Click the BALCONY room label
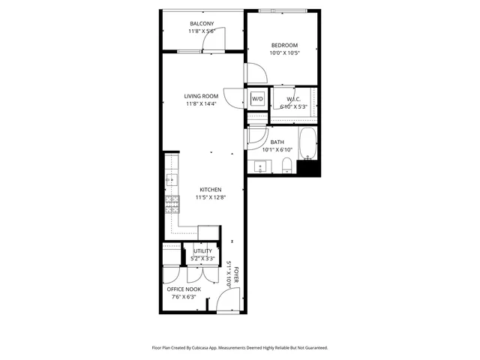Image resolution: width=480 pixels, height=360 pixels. coord(202,23)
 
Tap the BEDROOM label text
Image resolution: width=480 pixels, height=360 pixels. coord(283,44)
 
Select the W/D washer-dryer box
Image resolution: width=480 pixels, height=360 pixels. coord(257,99)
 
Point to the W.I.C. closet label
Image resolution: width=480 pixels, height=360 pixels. coord(294,99)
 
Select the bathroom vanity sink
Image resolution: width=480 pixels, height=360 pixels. coord(263,166)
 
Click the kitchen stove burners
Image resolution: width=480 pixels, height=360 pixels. coord(172,202)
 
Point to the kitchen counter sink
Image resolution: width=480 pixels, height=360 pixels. coord(171,180)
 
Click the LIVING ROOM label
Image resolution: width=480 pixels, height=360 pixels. coord(201,95)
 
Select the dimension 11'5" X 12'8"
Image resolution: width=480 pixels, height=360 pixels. coord(211,198)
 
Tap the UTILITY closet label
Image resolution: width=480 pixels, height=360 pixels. coord(202,251)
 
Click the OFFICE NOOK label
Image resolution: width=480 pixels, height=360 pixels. coord(184,288)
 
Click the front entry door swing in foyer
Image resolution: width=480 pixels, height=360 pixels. coord(226,301)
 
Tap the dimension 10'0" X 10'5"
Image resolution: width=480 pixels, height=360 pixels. coord(283,52)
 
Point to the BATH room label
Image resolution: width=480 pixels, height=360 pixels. coord(277,142)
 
